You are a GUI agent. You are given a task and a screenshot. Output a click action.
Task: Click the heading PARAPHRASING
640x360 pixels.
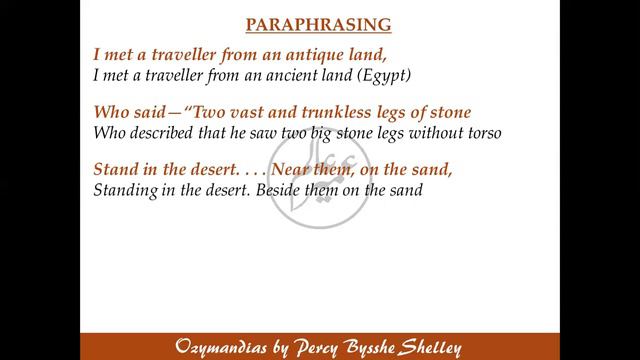319,22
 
